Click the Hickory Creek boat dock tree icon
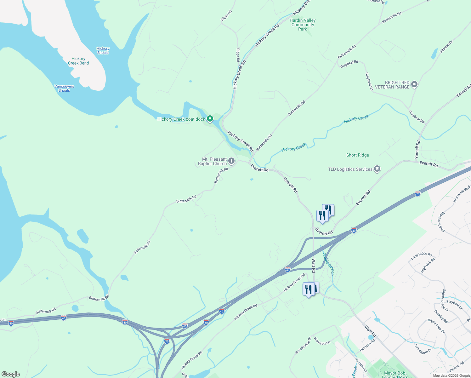pos(210,119)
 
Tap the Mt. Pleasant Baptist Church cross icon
pos(231,161)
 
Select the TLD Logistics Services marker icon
pos(377,169)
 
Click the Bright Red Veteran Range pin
pos(414,84)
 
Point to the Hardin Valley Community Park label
pos(303,25)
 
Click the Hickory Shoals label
pos(103,51)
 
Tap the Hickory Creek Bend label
pos(78,61)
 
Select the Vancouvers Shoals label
pos(64,89)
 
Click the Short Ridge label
pos(357,155)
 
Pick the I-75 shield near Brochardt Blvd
pos(418,193)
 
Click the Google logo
pos(11,374)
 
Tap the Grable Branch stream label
pos(328,264)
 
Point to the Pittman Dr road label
pos(446,47)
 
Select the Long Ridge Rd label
pos(421,256)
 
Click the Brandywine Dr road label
pos(303,345)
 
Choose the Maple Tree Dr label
pos(436,326)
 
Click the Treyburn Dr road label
pos(455,305)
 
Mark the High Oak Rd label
pos(428,265)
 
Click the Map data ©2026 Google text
pos(451,375)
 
